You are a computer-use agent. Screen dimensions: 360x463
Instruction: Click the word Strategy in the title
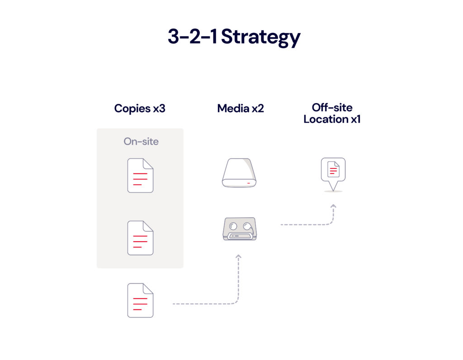click(261, 37)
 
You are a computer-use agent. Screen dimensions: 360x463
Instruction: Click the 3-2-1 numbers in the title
click(193, 37)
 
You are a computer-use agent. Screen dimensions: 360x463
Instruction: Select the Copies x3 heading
click(140, 108)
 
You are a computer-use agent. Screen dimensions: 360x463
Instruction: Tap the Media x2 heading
click(241, 108)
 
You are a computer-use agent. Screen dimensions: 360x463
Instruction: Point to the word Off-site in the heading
click(332, 108)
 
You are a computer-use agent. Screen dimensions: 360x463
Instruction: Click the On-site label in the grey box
click(141, 141)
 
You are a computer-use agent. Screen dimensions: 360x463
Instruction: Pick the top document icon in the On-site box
click(140, 175)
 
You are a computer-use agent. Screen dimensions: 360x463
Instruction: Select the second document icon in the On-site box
click(140, 238)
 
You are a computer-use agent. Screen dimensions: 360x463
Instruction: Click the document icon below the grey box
click(140, 300)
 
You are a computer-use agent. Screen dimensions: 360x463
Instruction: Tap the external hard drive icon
click(239, 173)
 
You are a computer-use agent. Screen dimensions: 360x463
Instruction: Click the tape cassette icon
click(239, 229)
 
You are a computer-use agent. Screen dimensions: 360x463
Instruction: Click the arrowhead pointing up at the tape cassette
click(239, 257)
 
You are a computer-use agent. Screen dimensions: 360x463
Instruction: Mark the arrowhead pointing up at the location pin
click(333, 206)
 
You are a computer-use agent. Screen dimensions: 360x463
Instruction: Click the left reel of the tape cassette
click(232, 225)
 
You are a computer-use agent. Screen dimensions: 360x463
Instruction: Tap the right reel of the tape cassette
click(246, 225)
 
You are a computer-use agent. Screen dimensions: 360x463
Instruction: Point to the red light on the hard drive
click(249, 183)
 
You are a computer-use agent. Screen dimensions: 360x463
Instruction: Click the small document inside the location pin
click(333, 169)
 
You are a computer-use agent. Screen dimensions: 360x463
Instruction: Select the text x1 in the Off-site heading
click(354, 120)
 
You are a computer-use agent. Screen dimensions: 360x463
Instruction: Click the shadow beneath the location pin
click(333, 192)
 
